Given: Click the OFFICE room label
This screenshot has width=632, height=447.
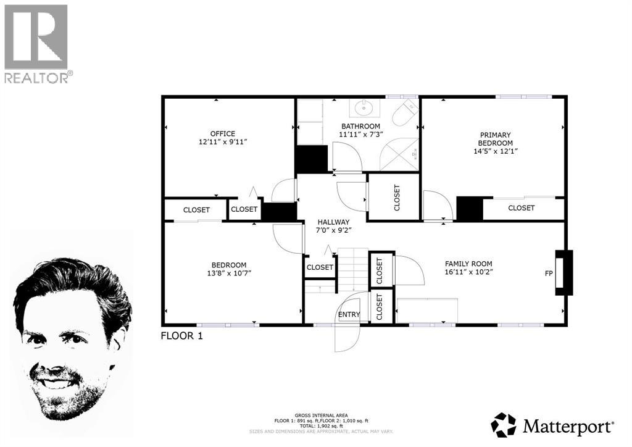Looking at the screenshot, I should pos(223,133).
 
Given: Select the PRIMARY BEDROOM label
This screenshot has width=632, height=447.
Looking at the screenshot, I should pos(496,139).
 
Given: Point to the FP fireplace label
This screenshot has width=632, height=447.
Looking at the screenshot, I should pos(548,273).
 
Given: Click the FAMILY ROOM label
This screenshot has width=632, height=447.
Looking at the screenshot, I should pos(469,263).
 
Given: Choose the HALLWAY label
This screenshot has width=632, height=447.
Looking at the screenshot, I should pos(333,222).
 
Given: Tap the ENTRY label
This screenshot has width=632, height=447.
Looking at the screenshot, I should pos(349,314).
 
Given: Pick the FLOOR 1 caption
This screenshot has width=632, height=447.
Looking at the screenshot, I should pos(181,336).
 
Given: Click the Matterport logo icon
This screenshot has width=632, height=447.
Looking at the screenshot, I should pos(503,425).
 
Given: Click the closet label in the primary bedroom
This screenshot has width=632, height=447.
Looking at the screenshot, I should pos(522,208).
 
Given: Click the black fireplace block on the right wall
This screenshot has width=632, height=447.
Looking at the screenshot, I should pos(564,270).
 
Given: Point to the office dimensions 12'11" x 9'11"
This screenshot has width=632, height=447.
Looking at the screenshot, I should pos(223,142).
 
